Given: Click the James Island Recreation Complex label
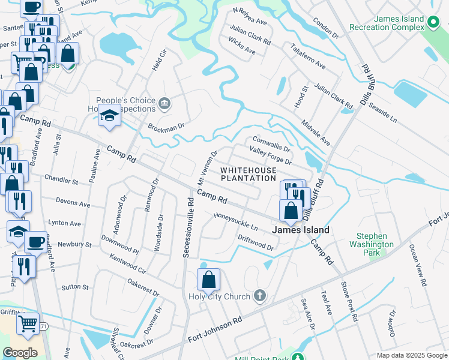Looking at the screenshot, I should coord(399,24).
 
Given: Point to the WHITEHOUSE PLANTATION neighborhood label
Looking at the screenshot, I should coord(248,174).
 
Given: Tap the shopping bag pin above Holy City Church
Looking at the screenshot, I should coord(208,280).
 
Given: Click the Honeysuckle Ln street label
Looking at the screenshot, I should coord(236,222).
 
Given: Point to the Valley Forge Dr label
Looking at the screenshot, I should coord(270,157).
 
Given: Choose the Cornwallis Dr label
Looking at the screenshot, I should coord(271,143).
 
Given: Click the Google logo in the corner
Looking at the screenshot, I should coord(20,353).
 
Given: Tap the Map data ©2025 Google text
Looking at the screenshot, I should coord(412,355).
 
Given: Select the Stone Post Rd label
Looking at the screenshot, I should coord(349,301).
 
